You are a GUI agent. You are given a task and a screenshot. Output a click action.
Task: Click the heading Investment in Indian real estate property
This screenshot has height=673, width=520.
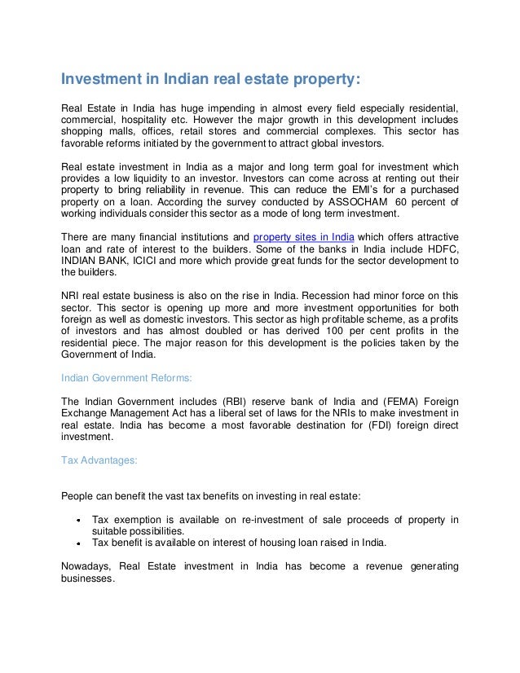click(x=211, y=80)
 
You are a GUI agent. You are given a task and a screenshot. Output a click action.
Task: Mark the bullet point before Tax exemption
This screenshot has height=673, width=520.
click(x=76, y=521)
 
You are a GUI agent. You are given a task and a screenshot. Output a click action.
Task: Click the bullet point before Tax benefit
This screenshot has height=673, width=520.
click(x=76, y=543)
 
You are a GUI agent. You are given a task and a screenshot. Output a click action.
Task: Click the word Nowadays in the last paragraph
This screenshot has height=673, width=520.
click(x=86, y=566)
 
